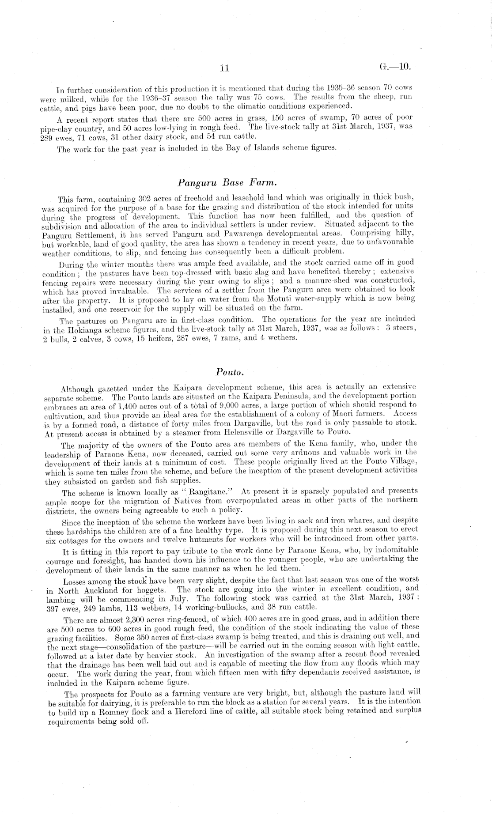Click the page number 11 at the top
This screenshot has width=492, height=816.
pos(225,68)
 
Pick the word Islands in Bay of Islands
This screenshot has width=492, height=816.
pos(272,148)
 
